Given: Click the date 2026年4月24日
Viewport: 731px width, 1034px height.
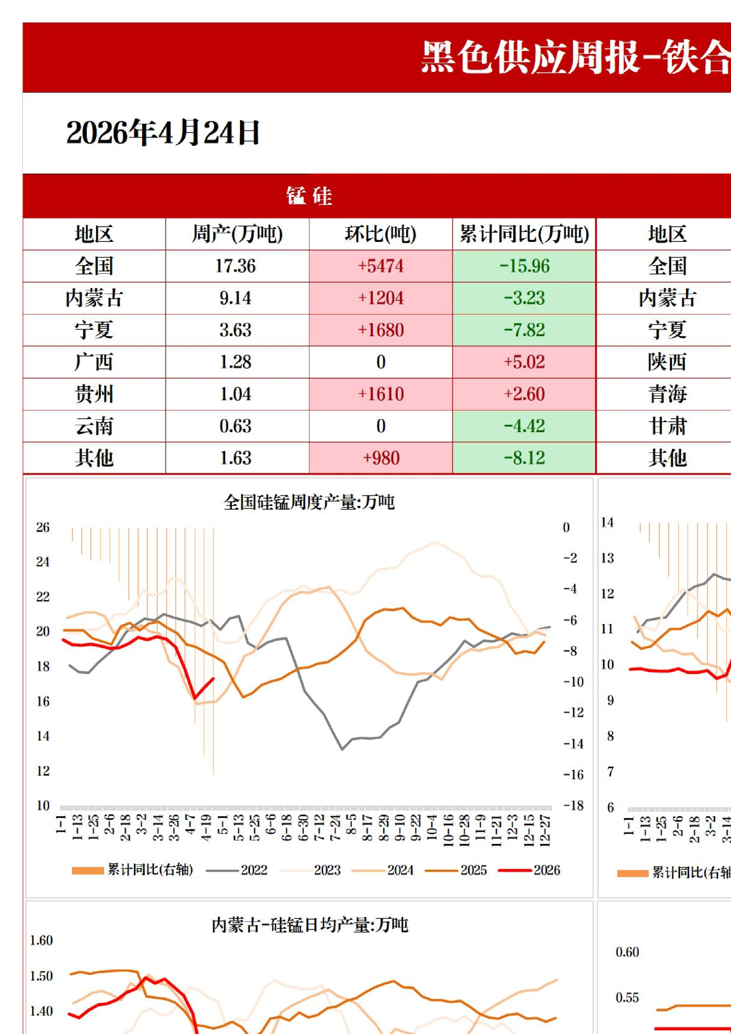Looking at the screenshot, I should tap(163, 133).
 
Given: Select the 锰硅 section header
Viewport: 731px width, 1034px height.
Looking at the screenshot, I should tap(309, 196).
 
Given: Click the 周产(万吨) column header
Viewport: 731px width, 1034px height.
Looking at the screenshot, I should tap(237, 234).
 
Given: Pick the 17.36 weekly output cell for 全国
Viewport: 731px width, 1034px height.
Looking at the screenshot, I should tap(236, 267).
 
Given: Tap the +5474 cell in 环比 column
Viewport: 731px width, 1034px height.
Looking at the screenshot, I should tap(381, 267).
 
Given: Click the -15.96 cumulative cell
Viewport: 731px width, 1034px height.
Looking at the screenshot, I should tap(524, 267).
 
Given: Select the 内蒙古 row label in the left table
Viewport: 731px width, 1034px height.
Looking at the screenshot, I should tap(94, 299).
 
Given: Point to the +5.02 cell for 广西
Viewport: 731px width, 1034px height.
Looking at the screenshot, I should tap(524, 362).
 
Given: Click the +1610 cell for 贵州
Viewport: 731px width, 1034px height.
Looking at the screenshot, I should tap(381, 394).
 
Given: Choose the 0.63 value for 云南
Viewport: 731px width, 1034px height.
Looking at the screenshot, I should tap(236, 426).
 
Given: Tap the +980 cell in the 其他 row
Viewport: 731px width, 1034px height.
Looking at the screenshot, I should tap(381, 458).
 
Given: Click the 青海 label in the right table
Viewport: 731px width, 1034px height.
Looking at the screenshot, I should tap(667, 394).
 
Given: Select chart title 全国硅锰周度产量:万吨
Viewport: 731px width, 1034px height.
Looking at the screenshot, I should tap(309, 502).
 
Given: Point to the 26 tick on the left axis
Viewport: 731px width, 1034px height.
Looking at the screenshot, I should tap(42, 527).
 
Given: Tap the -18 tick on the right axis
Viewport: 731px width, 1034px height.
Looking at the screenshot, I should tap(573, 806).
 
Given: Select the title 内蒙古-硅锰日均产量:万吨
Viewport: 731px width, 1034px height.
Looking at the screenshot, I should tap(310, 925).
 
